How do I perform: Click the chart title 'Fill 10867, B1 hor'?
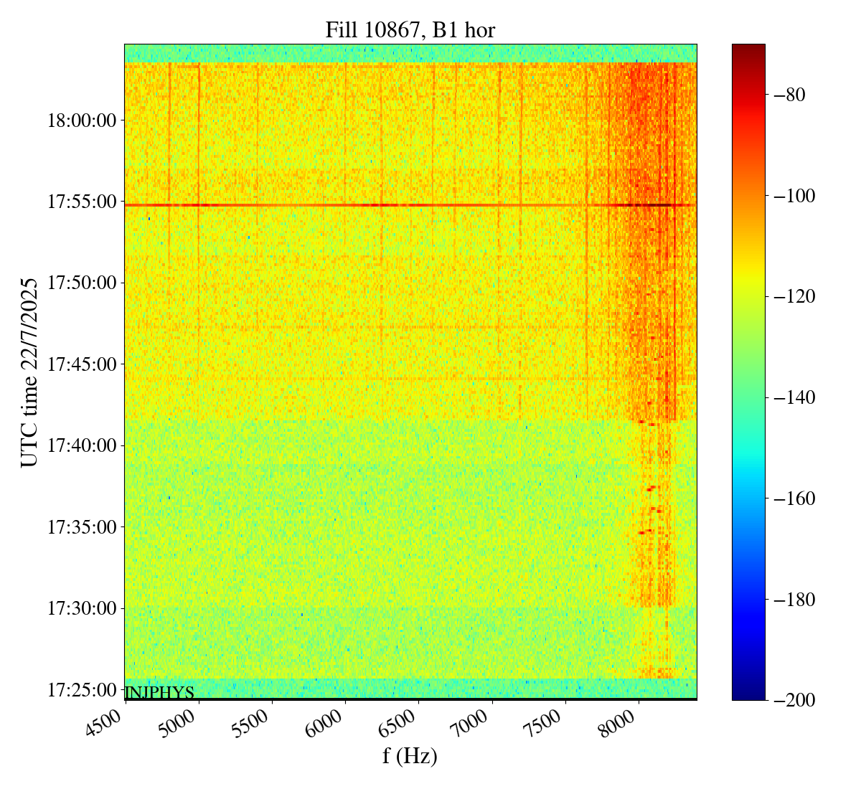[410, 29]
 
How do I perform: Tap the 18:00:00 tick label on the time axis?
[82, 121]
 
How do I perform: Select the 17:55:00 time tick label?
[82, 202]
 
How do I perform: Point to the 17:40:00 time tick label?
[82, 446]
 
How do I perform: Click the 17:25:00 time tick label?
[82, 690]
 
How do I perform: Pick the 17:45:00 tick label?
[82, 364]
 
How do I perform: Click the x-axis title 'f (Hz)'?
[410, 755]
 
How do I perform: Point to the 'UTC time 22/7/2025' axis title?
[29, 372]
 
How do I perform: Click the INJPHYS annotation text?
[159, 693]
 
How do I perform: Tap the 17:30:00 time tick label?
[82, 608]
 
